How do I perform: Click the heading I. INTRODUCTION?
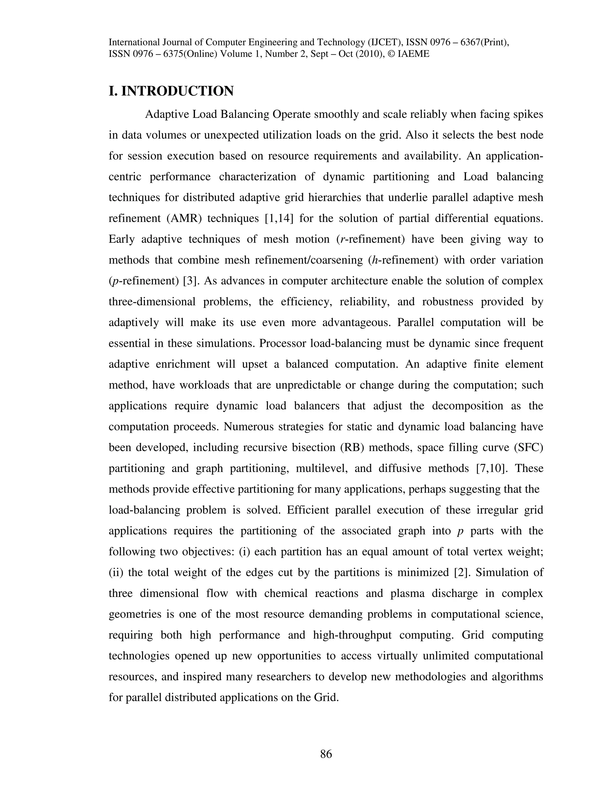[x=171, y=91]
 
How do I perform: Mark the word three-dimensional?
[x=152, y=302]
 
